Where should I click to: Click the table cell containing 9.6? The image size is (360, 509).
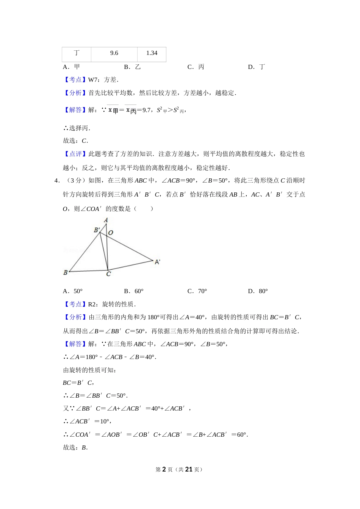click(114, 53)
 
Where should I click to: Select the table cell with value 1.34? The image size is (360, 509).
click(152, 53)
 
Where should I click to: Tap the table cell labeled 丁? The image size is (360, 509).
click(77, 53)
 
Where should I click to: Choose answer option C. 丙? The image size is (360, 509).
click(196, 67)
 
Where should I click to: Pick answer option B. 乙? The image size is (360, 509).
click(132, 67)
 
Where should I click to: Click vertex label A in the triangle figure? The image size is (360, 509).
click(106, 220)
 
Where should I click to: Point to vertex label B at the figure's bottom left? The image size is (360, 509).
click(66, 272)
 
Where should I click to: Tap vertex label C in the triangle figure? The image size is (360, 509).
click(108, 274)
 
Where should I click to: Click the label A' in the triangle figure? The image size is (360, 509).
click(157, 262)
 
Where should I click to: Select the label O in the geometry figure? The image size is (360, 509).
click(111, 233)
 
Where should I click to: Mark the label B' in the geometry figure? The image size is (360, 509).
click(97, 230)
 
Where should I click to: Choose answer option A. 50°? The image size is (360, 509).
click(73, 291)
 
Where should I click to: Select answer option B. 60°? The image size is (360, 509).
click(134, 291)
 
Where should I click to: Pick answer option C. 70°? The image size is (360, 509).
click(197, 291)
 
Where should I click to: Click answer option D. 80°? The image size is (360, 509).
click(258, 291)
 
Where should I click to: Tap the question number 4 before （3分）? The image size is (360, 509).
click(56, 181)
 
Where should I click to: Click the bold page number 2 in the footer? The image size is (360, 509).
click(164, 469)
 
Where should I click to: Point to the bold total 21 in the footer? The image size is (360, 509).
click(189, 469)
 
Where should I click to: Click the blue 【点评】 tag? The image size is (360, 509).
click(75, 154)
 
